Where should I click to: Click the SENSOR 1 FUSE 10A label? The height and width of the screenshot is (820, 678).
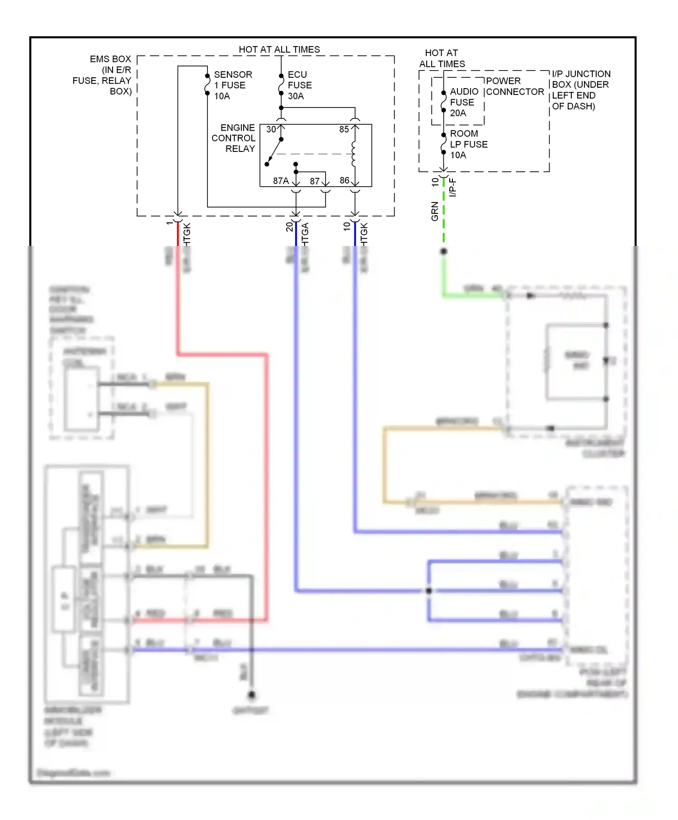click(232, 85)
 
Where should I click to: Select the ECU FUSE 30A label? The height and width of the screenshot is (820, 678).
click(299, 85)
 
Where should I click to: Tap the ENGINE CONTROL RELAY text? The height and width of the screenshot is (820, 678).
click(234, 138)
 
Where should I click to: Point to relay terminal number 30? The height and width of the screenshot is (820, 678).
click(271, 129)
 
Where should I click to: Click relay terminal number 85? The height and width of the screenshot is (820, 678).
click(344, 129)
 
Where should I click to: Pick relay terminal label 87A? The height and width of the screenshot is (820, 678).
click(281, 181)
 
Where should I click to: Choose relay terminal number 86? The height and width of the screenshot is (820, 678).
click(344, 180)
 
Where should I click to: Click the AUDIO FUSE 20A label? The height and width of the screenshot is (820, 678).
click(463, 102)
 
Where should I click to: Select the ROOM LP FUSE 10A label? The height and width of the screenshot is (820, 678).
click(468, 144)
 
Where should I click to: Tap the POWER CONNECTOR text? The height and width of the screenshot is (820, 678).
click(514, 86)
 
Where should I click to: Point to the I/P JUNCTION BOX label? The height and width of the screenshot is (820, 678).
click(580, 90)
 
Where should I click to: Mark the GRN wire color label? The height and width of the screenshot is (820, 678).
click(435, 211)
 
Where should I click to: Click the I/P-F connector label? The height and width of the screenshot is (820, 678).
click(453, 188)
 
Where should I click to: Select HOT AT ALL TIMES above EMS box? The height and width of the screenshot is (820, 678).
click(279, 49)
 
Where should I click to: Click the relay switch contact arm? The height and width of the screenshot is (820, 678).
click(274, 152)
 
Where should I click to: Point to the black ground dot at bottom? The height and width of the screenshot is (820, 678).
click(252, 694)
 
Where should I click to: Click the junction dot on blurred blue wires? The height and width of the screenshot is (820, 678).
click(429, 590)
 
